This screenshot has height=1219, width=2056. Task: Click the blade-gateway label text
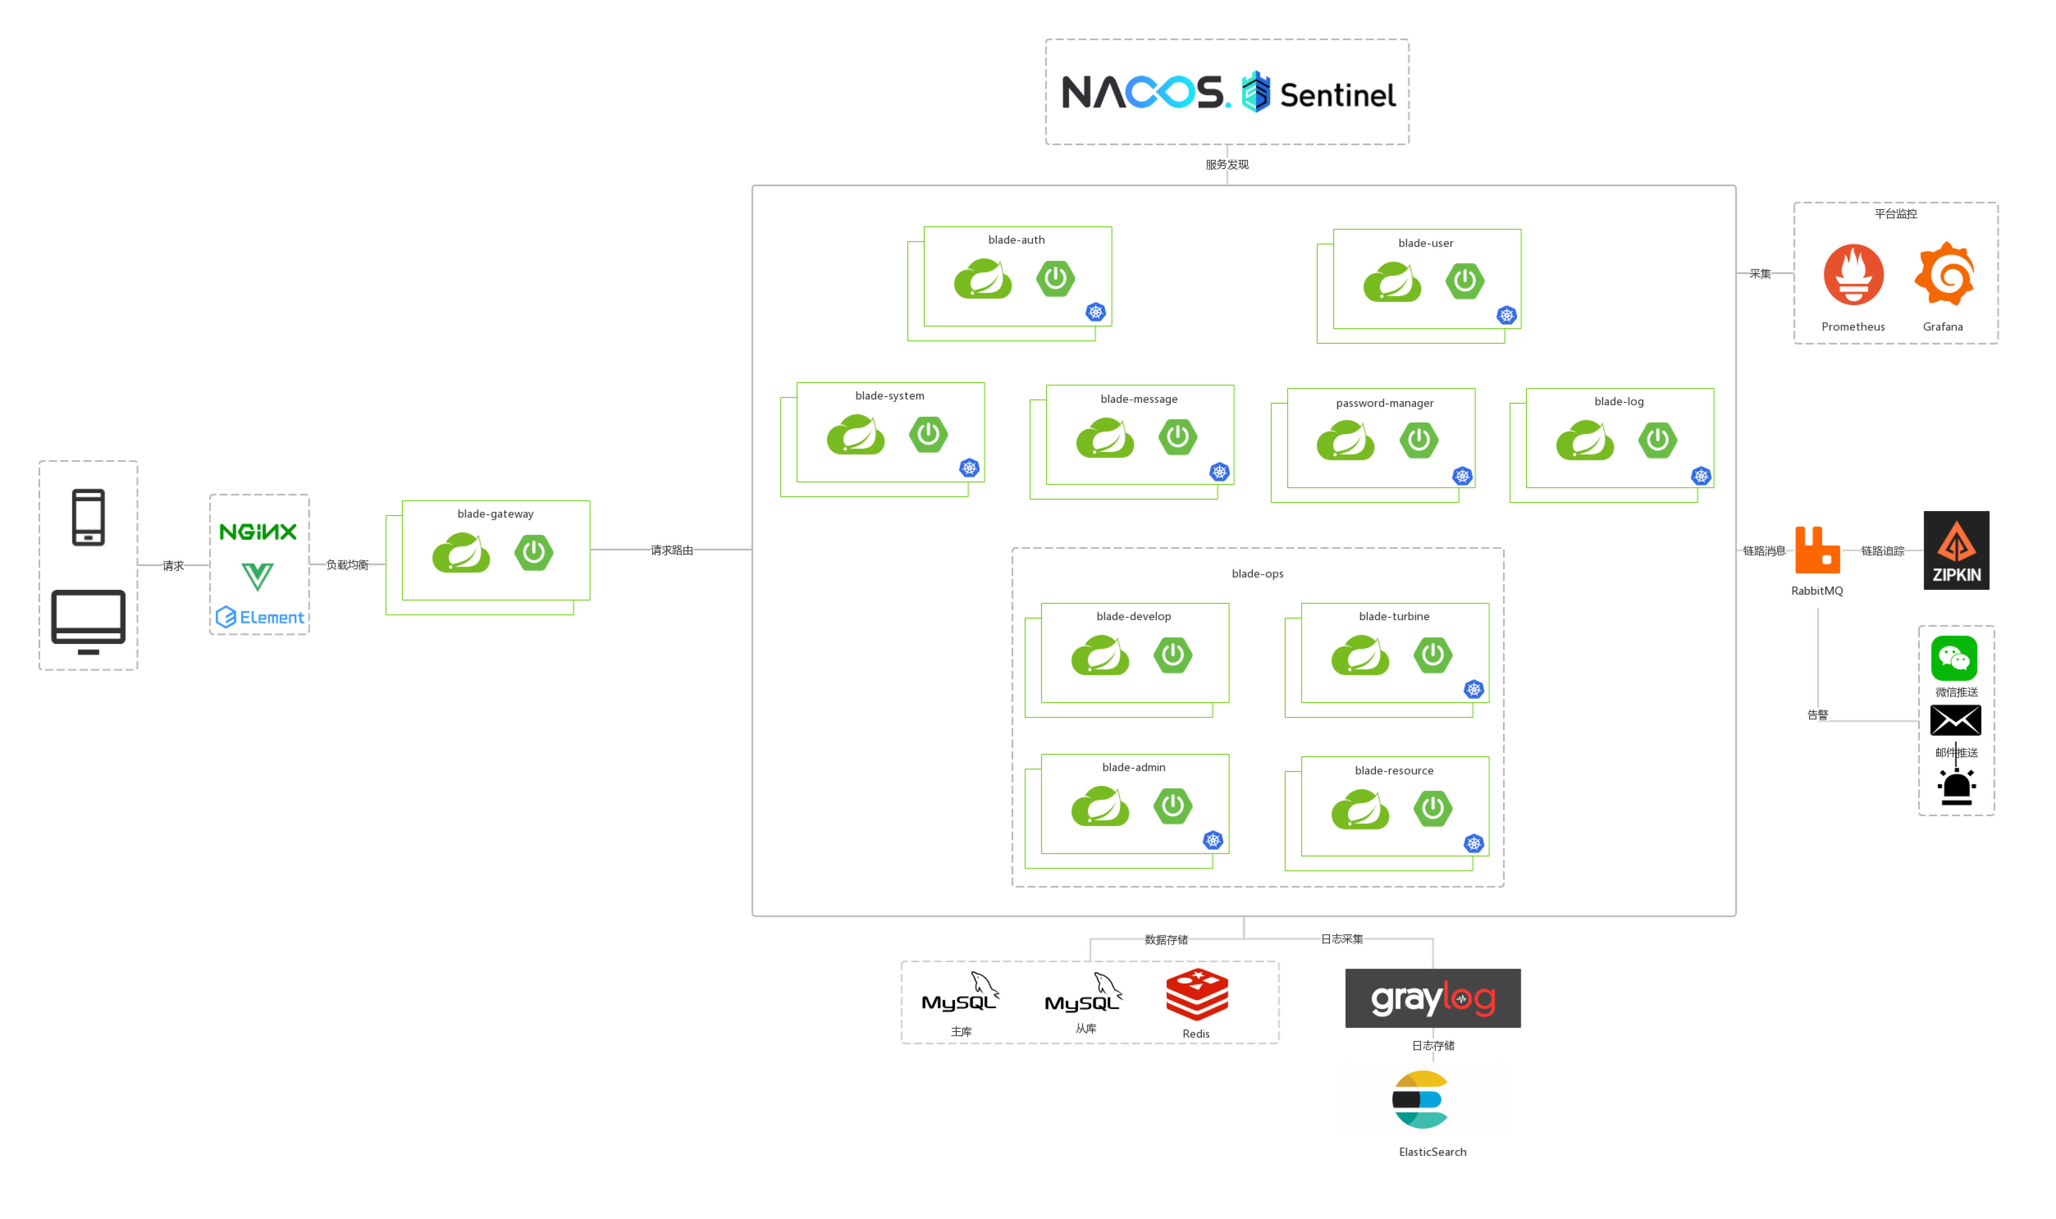[x=495, y=514]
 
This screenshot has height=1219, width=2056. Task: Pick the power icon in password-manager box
[x=1418, y=440]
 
